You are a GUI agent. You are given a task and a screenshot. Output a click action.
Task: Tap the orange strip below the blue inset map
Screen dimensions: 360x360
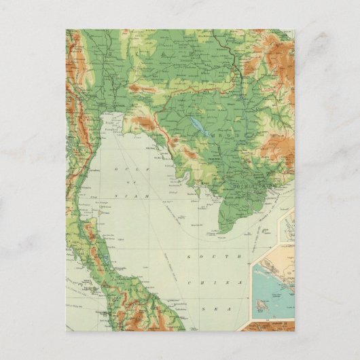272,319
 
